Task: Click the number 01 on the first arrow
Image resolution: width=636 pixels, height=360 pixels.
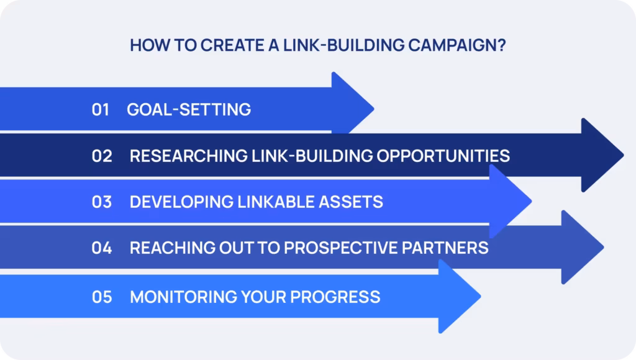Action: tap(101, 110)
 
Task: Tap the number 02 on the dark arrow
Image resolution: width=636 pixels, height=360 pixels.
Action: tap(102, 155)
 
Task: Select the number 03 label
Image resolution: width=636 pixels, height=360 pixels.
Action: tap(102, 202)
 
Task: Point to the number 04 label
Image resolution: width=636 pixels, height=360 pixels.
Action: tap(102, 248)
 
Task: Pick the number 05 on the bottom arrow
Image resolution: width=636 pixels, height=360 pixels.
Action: tap(102, 297)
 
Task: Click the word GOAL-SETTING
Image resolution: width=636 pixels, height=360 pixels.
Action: tap(189, 110)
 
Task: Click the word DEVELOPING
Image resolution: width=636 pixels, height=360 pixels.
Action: tap(181, 202)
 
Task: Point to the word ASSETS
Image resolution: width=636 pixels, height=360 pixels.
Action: tap(351, 202)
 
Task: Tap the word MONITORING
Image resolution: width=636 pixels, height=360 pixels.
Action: tap(181, 297)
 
